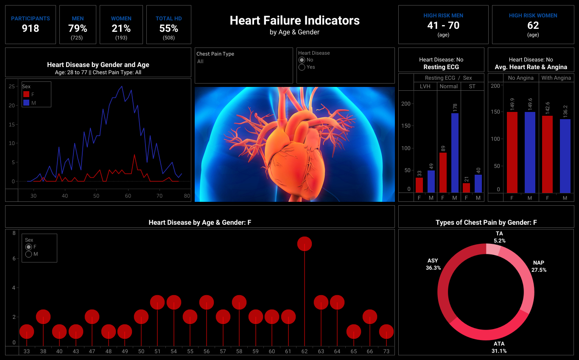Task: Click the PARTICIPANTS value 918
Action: click(x=30, y=28)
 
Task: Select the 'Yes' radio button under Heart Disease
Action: click(x=302, y=67)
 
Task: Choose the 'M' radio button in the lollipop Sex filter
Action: click(x=29, y=254)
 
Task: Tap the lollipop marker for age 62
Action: click(x=305, y=244)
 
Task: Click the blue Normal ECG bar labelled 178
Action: click(x=455, y=153)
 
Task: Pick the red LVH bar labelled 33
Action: click(x=419, y=185)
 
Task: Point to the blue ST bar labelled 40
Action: click(x=478, y=184)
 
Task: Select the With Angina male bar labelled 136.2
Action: click(x=565, y=156)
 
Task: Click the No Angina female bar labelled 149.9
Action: click(x=512, y=153)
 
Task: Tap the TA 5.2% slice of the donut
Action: click(x=493, y=249)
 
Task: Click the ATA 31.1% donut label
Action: click(x=499, y=347)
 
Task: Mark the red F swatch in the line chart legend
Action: click(x=26, y=94)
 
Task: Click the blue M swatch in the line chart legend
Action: click(x=26, y=103)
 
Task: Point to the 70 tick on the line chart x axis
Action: click(x=159, y=195)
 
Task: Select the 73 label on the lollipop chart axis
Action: click(x=386, y=351)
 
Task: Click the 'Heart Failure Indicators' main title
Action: click(x=294, y=20)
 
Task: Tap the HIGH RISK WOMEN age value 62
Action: click(x=533, y=25)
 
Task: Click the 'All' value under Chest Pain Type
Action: click(x=200, y=61)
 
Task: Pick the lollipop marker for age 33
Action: click(x=27, y=332)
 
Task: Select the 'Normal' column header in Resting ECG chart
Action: click(x=448, y=87)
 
